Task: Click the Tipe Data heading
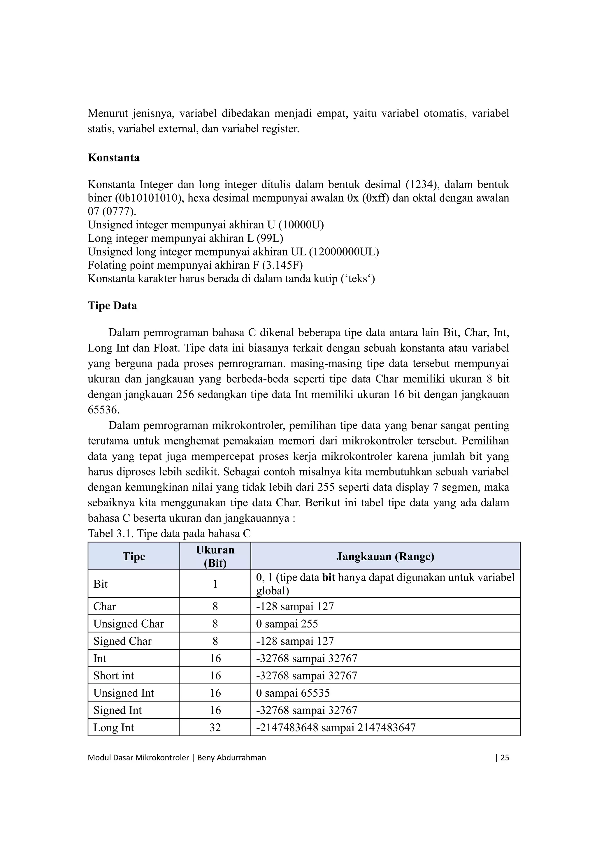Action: pos(112,306)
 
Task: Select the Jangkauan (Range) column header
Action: pos(385,556)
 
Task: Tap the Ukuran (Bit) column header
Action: pos(215,556)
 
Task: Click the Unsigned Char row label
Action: pos(128,623)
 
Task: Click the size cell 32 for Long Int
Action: pos(215,727)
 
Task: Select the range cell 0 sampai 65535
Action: pos(293,693)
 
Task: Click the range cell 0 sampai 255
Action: pos(287,623)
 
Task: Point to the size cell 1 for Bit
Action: pos(215,584)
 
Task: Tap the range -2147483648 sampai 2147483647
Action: pos(336,727)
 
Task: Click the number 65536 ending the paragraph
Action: pos(103,410)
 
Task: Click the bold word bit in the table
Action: pos(329,577)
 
